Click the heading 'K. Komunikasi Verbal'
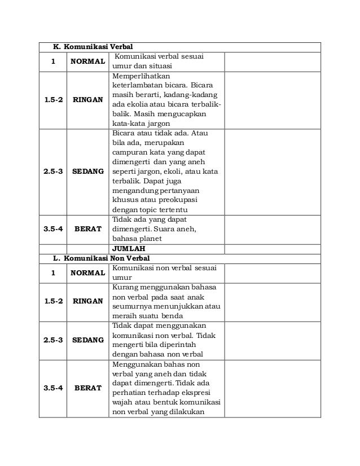pyautogui.click(x=93, y=47)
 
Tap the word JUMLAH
pyautogui.click(x=129, y=248)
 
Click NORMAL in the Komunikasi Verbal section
pyautogui.click(x=87, y=61)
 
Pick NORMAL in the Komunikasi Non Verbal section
pyautogui.click(x=87, y=272)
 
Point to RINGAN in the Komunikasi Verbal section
pyautogui.click(x=87, y=99)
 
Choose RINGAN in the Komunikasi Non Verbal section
pyautogui.click(x=87, y=301)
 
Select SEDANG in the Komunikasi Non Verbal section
pyautogui.click(x=87, y=340)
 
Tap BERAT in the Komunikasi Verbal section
pyautogui.click(x=87, y=229)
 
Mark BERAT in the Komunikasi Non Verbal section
pyautogui.click(x=87, y=388)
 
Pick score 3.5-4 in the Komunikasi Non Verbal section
pyautogui.click(x=52, y=388)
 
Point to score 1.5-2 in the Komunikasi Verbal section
pyautogui.click(x=52, y=99)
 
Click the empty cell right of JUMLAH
pyautogui.click(x=272, y=248)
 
